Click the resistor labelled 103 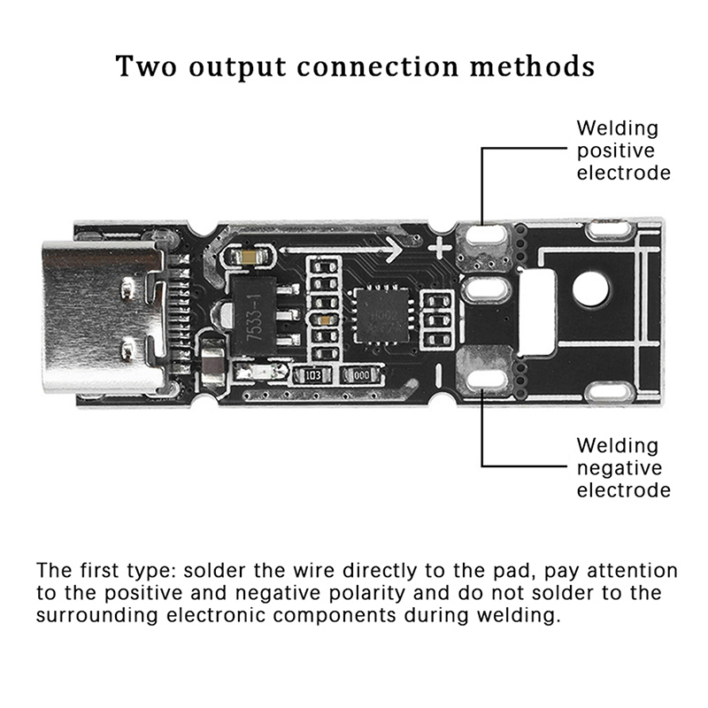312,374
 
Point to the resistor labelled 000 361,374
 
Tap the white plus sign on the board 440,250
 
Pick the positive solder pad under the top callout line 484,236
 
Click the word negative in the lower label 619,467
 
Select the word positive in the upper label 618,150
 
